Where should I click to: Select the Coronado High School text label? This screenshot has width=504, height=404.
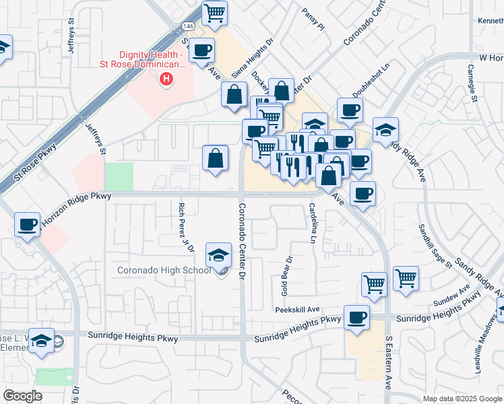pos(164,271)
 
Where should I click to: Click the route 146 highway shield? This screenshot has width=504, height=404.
pos(188,26)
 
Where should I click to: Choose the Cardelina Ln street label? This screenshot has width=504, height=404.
pos(313,224)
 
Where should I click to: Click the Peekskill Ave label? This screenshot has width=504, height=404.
pos(296,310)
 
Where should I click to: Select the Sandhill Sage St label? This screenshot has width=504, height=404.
pos(434,246)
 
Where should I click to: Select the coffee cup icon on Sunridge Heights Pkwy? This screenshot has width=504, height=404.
pos(356,316)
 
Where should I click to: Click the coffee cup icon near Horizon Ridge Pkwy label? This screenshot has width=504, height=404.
pos(28,224)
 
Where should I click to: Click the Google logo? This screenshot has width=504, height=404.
pos(22,396)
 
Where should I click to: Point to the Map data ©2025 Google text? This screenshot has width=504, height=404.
pos(462,399)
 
